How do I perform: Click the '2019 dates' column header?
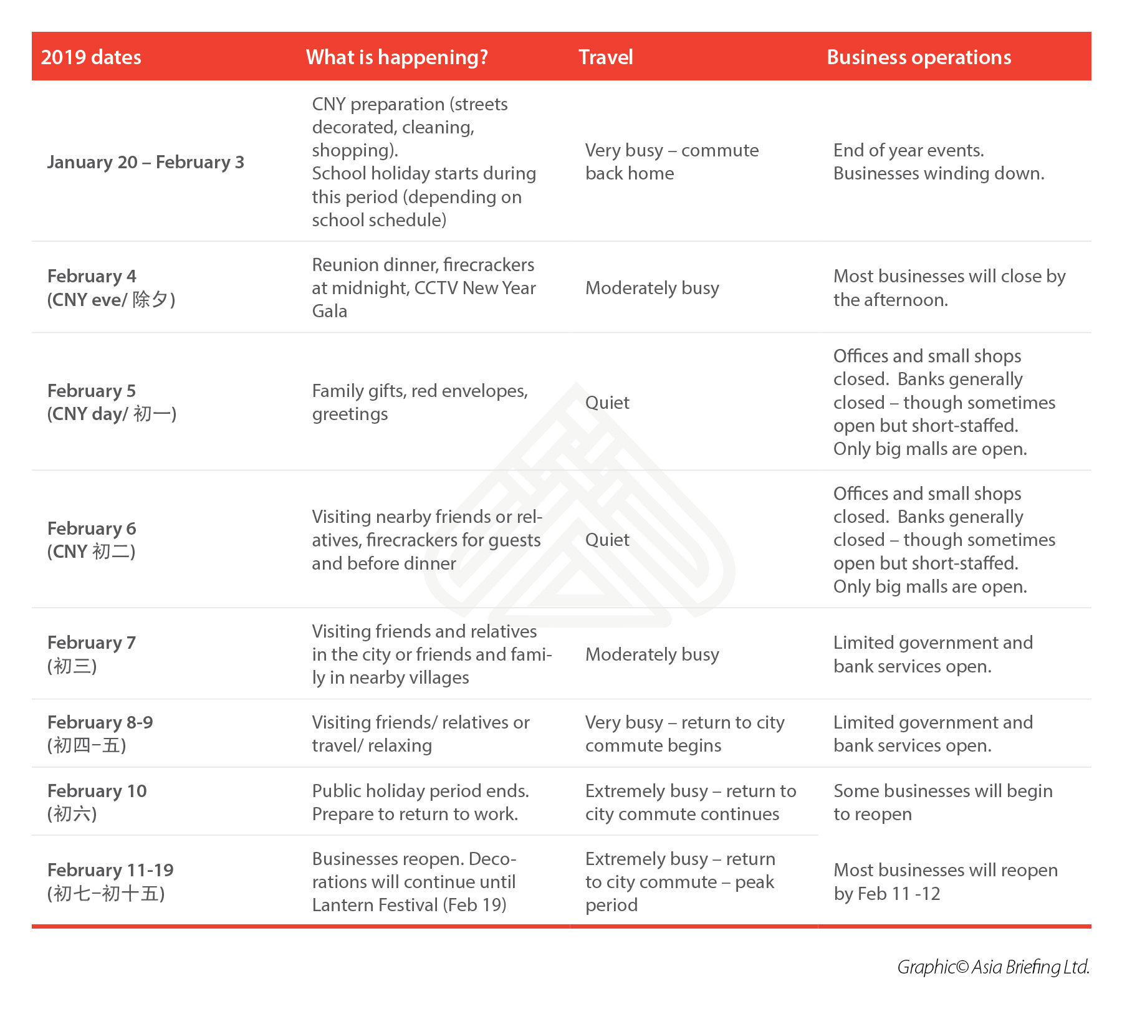91,57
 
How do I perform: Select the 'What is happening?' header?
396,57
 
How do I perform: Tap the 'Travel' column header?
605,57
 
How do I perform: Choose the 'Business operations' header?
918,57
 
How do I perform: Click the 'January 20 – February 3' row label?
145,162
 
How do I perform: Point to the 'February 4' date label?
92,276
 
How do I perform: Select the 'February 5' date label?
92,391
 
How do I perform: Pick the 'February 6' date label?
92,528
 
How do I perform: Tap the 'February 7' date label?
92,643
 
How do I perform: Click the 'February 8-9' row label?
100,722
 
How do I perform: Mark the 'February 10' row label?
97,791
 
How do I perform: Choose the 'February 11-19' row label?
110,870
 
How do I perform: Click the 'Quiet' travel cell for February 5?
607,403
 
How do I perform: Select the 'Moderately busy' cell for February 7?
652,654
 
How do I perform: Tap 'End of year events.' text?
908,150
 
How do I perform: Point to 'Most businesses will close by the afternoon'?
949,288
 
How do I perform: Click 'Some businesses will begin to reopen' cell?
942,802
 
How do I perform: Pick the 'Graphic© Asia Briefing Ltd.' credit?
993,967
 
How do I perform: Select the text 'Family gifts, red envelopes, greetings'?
420,402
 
